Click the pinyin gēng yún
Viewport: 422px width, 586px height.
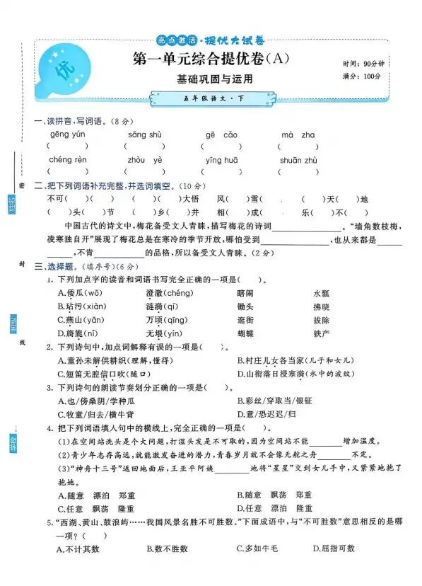pos(67,134)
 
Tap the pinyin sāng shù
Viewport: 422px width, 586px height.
pos(145,134)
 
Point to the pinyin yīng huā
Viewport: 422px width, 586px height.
pos(221,160)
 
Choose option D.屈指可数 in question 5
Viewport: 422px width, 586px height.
pos(334,548)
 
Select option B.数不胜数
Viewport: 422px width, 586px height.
pos(167,548)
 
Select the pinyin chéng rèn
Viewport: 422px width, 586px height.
pos(69,160)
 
